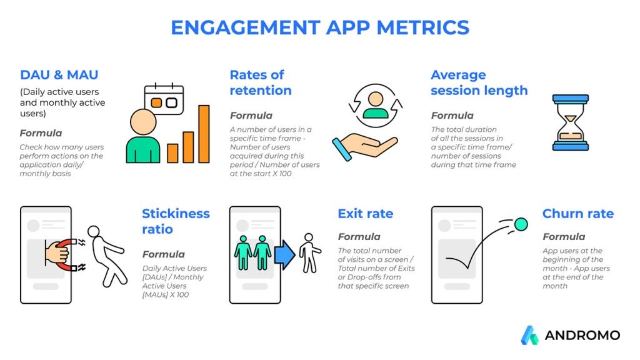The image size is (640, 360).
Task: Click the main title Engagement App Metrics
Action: point(320,27)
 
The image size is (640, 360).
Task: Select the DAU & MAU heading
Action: point(59,75)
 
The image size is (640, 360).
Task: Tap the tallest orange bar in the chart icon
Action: point(204,134)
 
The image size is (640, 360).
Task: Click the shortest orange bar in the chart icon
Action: point(172,153)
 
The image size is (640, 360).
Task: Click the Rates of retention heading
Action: point(261,82)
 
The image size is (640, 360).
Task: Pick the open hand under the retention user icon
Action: point(364,147)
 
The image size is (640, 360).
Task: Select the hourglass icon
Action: point(570,122)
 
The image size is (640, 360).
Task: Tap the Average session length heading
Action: point(479,82)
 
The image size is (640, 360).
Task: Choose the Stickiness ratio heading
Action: point(176,221)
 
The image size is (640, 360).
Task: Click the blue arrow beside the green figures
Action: point(284,255)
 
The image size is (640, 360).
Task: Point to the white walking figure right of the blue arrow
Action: point(310,253)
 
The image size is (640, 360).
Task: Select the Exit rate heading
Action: point(365,214)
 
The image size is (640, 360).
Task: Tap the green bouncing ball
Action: point(521,224)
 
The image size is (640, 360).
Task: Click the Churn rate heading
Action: point(578,214)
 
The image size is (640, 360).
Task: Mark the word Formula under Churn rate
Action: point(564,237)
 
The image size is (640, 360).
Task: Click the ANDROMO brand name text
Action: point(582,336)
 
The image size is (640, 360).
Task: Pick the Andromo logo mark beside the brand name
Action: point(530,335)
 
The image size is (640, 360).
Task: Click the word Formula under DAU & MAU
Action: point(41,133)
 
